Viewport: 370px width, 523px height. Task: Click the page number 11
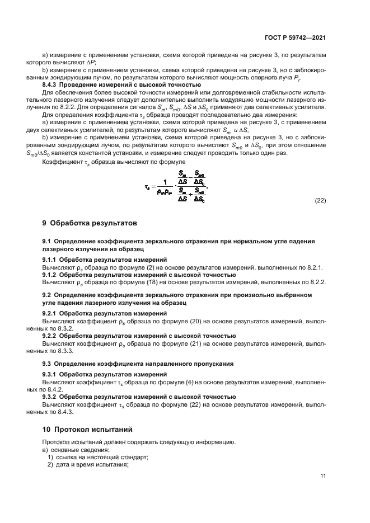tap(323, 475)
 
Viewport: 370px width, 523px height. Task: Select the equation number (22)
tap(320, 200)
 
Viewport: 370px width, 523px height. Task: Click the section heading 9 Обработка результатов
tap(90, 223)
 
